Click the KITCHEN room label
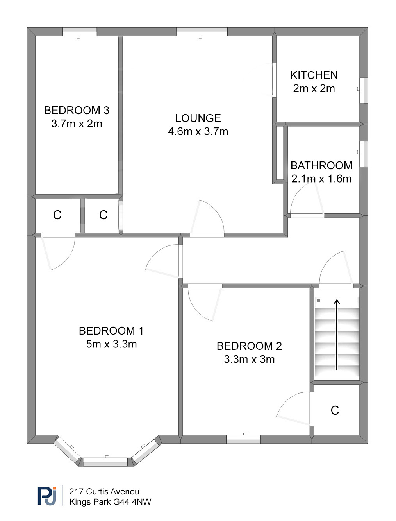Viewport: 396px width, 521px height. [314, 75]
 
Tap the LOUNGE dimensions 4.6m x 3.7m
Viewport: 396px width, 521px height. [198, 131]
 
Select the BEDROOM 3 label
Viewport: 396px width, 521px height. [77, 110]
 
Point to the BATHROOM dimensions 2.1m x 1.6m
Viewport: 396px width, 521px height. [321, 179]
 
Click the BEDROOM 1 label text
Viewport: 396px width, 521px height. [111, 331]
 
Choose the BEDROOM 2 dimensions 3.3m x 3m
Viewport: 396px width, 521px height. [249, 359]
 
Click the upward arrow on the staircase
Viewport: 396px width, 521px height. [337, 335]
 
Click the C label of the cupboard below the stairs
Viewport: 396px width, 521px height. [335, 410]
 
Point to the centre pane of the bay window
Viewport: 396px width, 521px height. [105, 462]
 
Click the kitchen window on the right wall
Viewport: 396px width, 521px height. [364, 91]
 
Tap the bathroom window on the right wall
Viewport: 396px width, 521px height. [364, 154]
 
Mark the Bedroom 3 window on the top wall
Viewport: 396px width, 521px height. [80, 32]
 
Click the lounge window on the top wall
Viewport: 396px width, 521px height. [202, 32]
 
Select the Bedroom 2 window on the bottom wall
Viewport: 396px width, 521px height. [243, 439]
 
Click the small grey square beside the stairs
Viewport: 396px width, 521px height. [318, 301]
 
